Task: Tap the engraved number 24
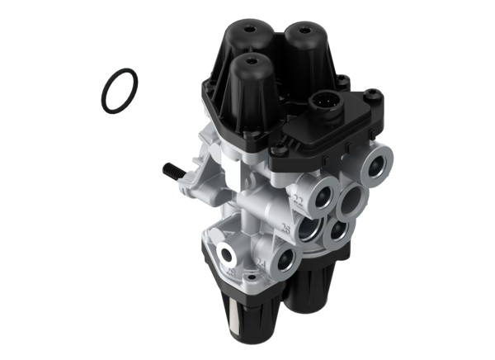pyautogui.click(x=262, y=264)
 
